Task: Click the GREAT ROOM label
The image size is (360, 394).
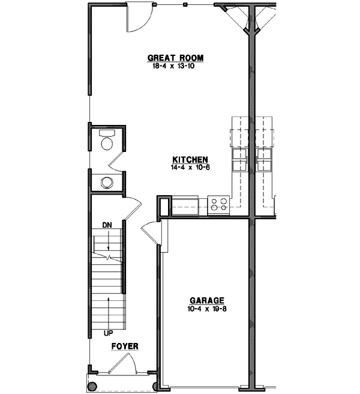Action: pyautogui.click(x=176, y=58)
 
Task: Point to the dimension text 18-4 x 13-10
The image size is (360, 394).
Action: pyautogui.click(x=176, y=67)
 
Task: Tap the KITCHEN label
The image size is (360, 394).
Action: pyautogui.click(x=190, y=159)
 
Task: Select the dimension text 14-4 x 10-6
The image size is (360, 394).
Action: pyautogui.click(x=190, y=167)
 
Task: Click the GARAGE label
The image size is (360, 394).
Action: pyautogui.click(x=207, y=300)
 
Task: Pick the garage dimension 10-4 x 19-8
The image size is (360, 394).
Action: pyautogui.click(x=207, y=309)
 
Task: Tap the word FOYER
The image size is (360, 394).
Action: pyautogui.click(x=125, y=347)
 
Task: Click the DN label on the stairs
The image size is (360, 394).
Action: pyautogui.click(x=107, y=225)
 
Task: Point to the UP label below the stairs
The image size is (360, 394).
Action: pyautogui.click(x=107, y=332)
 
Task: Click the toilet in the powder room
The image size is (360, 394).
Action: pyautogui.click(x=107, y=142)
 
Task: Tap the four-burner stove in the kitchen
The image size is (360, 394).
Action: pyautogui.click(x=219, y=204)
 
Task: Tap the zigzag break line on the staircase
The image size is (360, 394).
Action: pyautogui.click(x=107, y=257)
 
